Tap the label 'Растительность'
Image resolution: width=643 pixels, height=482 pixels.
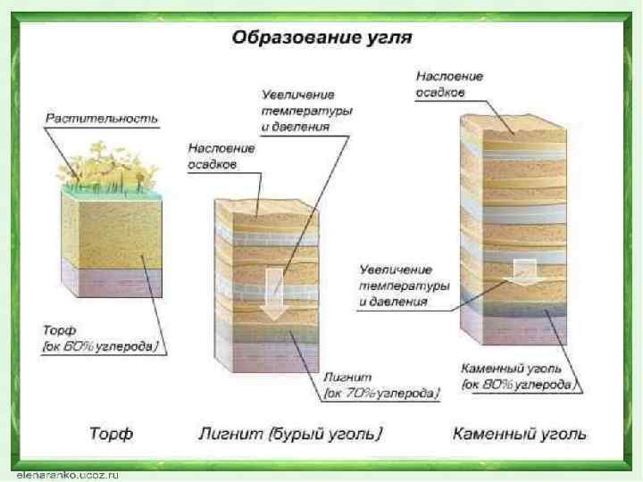point(102,118)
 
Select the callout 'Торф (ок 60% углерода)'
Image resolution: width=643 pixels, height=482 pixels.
point(100,338)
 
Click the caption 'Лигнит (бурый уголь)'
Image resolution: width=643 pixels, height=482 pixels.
point(290,435)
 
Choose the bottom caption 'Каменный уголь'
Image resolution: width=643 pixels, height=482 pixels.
point(519,435)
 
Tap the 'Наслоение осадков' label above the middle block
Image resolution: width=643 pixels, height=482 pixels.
point(221,157)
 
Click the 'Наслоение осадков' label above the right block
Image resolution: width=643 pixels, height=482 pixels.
point(450,85)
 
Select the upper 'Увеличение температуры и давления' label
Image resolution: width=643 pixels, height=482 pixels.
point(305,109)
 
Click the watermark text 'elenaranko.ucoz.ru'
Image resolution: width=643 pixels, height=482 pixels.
point(68,475)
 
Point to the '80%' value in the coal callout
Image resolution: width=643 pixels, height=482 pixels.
point(510,385)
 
